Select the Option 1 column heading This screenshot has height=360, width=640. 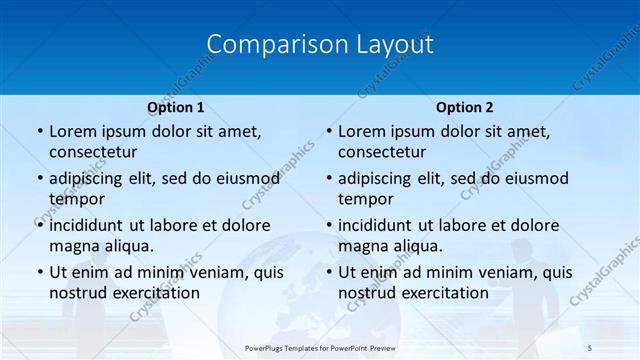(x=176, y=107)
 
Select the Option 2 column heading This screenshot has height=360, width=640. (x=465, y=107)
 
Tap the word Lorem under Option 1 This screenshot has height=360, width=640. (x=71, y=131)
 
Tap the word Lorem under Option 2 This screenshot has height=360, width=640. (x=361, y=131)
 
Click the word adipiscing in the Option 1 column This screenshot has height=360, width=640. (x=92, y=178)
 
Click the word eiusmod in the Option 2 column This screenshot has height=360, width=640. (x=533, y=178)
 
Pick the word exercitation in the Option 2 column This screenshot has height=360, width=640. (x=441, y=293)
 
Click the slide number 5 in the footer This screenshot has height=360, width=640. (x=590, y=348)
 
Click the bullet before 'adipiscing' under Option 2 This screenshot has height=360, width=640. (x=328, y=178)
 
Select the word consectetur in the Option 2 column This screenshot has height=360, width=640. (x=387, y=152)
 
